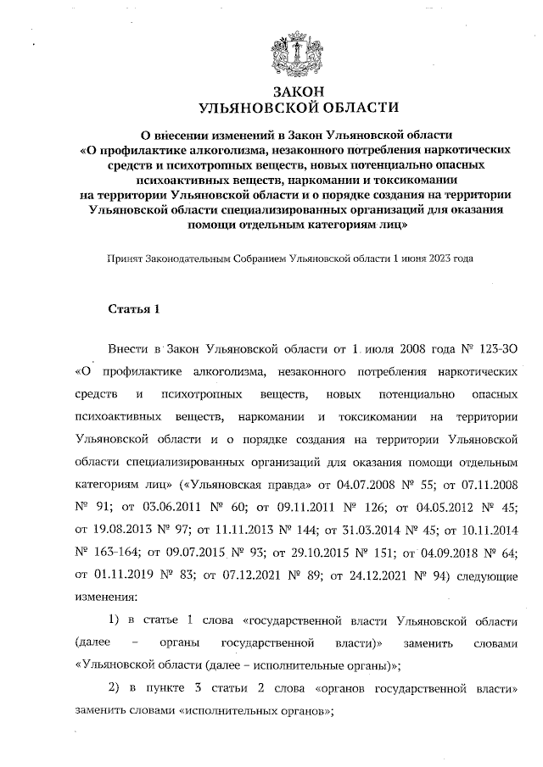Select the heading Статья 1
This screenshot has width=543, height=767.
[134, 307]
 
